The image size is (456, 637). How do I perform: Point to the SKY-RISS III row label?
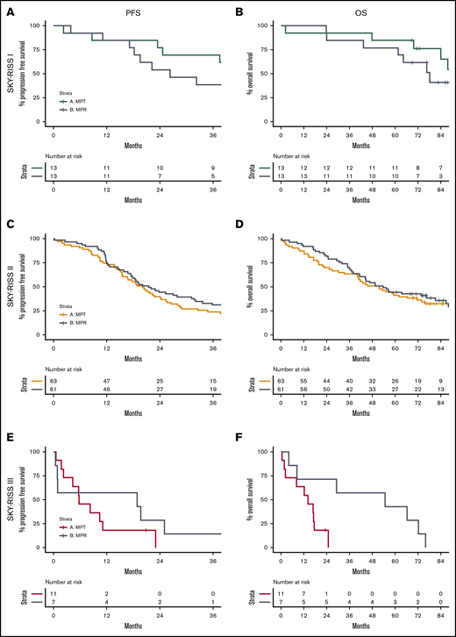pos(10,499)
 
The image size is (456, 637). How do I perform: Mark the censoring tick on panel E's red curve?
pos(146,530)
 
